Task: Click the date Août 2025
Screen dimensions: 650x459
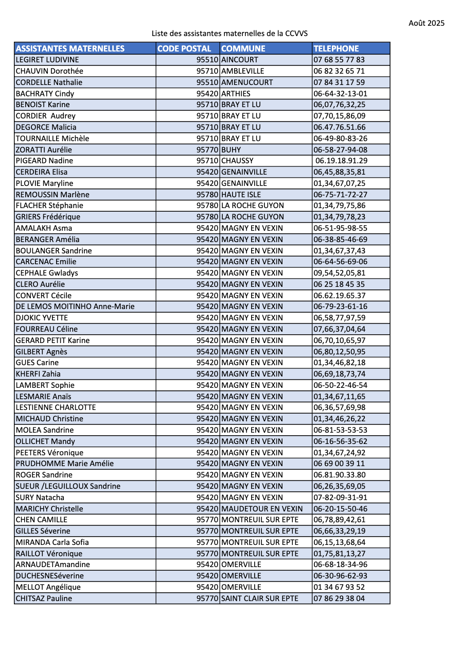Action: (426, 23)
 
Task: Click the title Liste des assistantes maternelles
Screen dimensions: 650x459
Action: (229, 33)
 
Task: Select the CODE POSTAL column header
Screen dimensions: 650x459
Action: (184, 48)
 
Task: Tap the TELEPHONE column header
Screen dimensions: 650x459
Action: (336, 48)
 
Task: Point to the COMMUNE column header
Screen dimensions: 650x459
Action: (243, 48)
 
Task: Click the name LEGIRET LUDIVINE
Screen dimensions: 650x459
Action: (47, 60)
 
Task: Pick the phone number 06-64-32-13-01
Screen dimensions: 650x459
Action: (340, 94)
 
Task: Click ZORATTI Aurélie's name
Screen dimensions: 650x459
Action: (44, 150)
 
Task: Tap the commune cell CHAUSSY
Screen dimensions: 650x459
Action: (237, 161)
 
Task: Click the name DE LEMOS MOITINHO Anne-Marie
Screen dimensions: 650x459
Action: (75, 306)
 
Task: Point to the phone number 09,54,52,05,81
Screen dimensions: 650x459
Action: (339, 273)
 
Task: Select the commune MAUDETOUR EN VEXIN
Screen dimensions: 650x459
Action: (262, 509)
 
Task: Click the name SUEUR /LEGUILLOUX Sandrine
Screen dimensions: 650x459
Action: (68, 486)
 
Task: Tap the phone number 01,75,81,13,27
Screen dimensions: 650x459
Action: (339, 554)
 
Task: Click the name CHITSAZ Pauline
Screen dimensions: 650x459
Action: (44, 598)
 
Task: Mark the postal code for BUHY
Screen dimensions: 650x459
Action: (208, 150)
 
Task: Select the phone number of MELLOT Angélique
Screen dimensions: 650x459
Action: (339, 587)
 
